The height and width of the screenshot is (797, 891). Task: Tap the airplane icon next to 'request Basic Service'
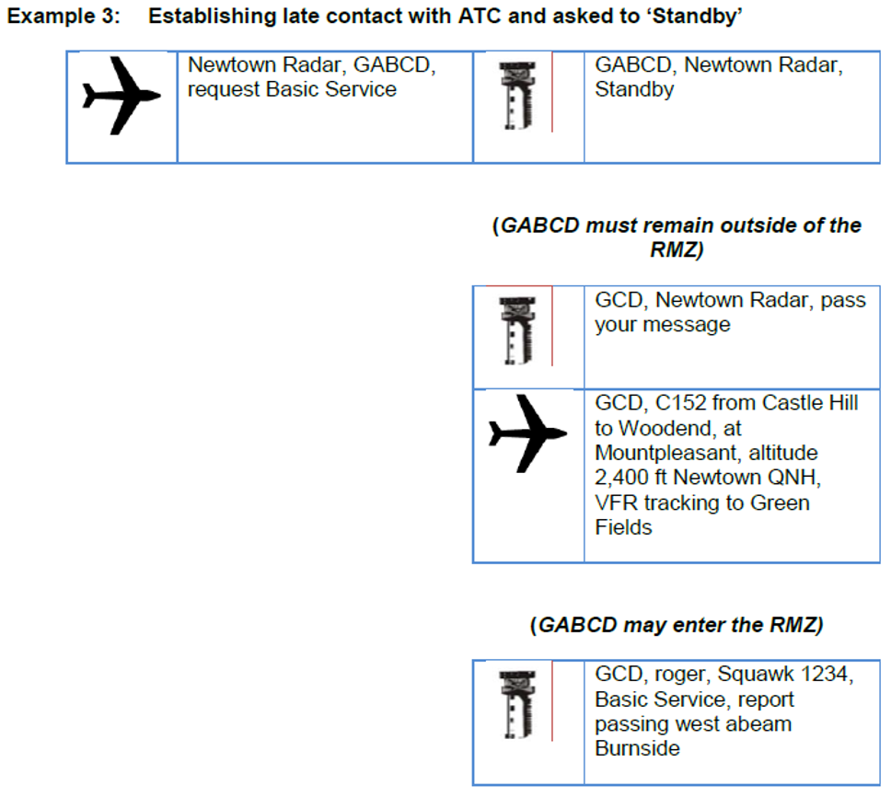pyautogui.click(x=121, y=96)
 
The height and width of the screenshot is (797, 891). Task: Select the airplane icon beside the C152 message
pyautogui.click(x=527, y=433)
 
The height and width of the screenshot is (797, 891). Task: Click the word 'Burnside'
pyautogui.click(x=637, y=748)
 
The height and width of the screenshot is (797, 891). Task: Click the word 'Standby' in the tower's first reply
pyautogui.click(x=634, y=90)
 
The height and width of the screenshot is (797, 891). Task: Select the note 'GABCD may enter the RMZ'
pyautogui.click(x=677, y=626)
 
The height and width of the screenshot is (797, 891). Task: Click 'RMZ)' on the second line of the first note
pyautogui.click(x=677, y=250)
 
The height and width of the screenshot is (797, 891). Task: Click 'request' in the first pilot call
pyautogui.click(x=222, y=90)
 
